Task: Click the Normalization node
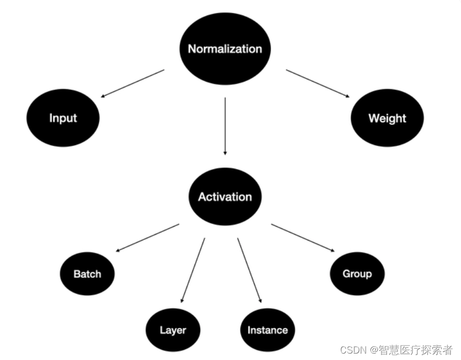pos(225,49)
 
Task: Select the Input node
pos(63,118)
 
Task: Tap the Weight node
pos(387,118)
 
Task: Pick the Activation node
pos(225,197)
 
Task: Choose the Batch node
pos(87,274)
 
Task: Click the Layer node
pos(173,330)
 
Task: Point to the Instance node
pos(268,330)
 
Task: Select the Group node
pos(357,274)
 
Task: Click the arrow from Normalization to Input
pos(133,83)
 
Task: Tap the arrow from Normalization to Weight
pos(318,83)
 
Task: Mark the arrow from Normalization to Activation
pos(225,126)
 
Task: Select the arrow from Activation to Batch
pos(148,237)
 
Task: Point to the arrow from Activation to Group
pos(303,237)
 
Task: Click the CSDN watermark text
pos(396,350)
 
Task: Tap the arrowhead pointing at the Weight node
pos(347,96)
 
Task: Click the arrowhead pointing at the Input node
pos(103,96)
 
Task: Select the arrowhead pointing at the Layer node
pos(182,301)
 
